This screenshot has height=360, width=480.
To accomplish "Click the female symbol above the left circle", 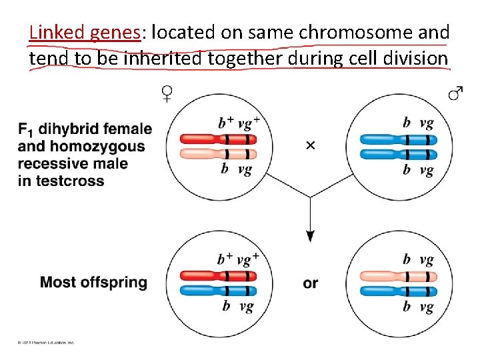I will pos(167,94).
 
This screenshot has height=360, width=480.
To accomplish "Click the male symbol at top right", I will pos(455,94).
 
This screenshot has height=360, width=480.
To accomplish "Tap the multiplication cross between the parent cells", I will pos(310,145).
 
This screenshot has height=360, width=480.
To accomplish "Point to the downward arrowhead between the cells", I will pos(310,235).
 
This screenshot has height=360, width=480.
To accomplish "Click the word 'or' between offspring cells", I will pos(311,283).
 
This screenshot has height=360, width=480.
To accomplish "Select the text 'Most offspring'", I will pos(93,282).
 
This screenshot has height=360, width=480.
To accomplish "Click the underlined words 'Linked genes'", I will pos(85,32).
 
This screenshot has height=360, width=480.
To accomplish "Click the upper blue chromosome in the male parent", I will pos(398,139).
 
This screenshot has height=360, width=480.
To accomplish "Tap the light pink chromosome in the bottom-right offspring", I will pos(398,275).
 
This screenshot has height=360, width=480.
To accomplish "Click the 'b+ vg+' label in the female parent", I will pos(239,123).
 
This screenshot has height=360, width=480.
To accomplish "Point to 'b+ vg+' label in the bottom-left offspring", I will pos(239,259).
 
